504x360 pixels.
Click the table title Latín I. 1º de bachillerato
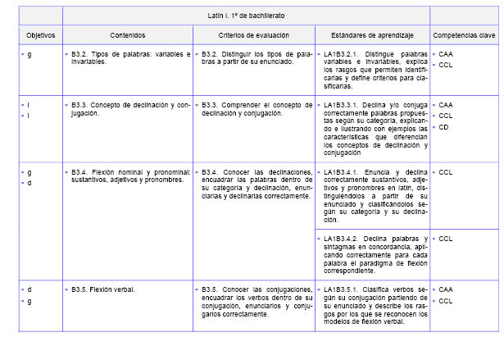[x=246, y=16]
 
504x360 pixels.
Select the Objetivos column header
[x=40, y=35]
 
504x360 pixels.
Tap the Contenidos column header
[x=127, y=35]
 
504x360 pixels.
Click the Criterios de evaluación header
[x=253, y=35]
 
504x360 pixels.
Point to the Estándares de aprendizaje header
[x=372, y=35]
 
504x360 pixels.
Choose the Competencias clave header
[x=464, y=35]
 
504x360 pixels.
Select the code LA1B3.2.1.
[x=343, y=54]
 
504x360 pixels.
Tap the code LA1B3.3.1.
[x=343, y=105]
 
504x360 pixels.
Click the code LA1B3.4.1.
[x=343, y=172]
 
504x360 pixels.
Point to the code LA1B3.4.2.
[x=343, y=239]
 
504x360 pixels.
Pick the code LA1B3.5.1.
[x=343, y=289]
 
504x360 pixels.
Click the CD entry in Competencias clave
[x=443, y=127]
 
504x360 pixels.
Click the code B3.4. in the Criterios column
[x=210, y=172]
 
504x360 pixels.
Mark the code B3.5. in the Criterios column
[x=210, y=289]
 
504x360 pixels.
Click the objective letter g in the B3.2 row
[x=30, y=54]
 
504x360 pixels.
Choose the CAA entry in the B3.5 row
[x=446, y=289]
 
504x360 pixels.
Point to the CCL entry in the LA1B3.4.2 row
[x=446, y=239]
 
